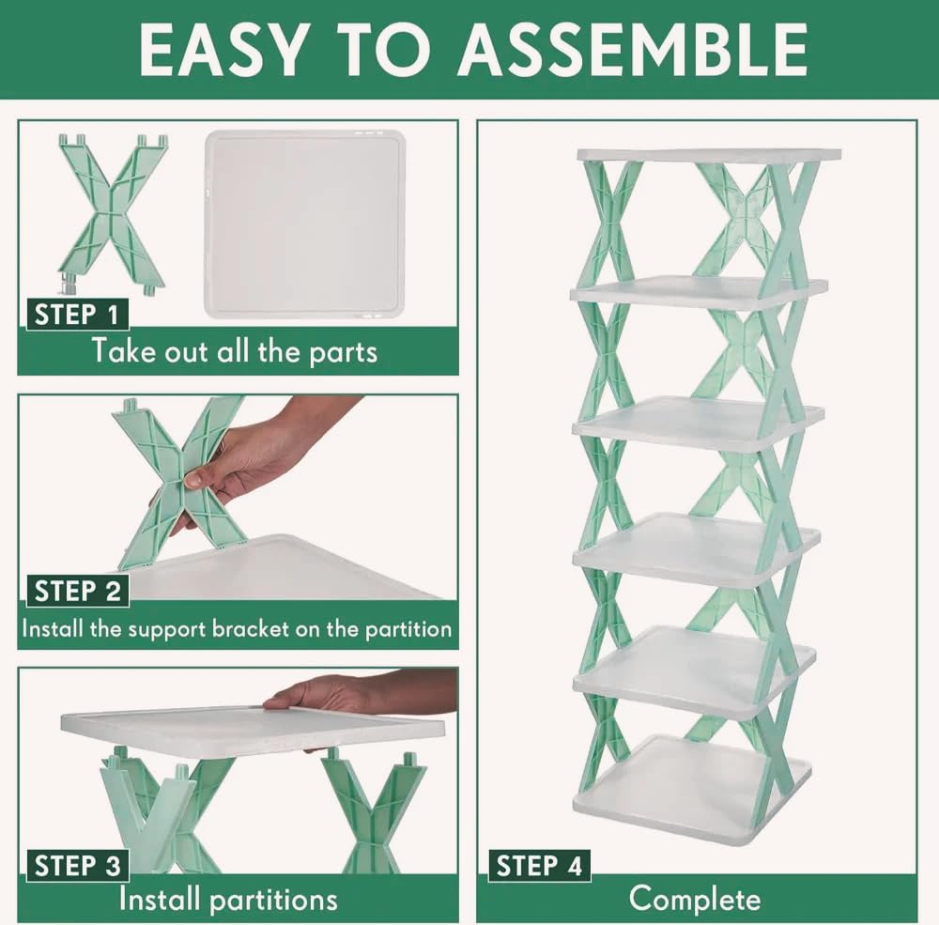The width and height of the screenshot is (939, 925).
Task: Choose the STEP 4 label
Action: click(x=539, y=865)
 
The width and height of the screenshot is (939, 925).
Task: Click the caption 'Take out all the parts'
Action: click(x=234, y=351)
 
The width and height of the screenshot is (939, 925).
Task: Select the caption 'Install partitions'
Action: click(x=227, y=899)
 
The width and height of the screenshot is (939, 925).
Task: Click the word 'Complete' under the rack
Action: click(x=695, y=899)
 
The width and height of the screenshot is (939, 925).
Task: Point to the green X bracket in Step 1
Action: click(x=112, y=211)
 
